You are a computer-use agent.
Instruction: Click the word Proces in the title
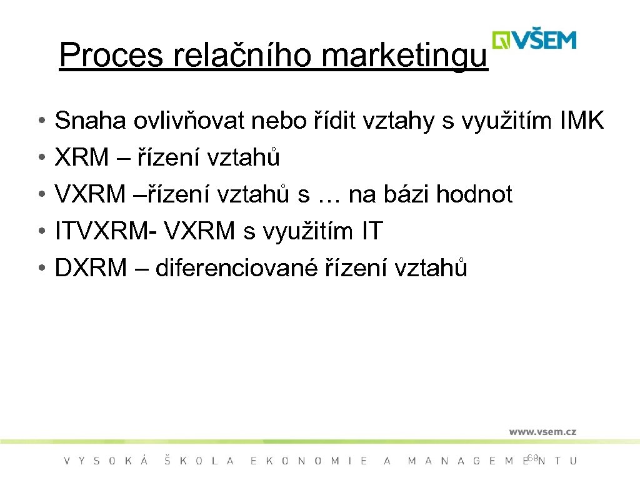(x=110, y=56)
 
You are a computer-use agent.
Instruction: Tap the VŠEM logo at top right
(x=534, y=40)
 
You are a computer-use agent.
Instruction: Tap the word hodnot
(x=474, y=195)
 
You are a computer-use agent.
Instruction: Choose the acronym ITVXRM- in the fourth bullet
(x=106, y=232)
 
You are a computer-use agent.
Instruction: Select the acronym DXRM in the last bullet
(x=90, y=269)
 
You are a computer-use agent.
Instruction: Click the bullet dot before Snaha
(x=39, y=121)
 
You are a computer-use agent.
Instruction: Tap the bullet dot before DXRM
(x=39, y=269)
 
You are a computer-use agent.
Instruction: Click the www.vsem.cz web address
(x=542, y=432)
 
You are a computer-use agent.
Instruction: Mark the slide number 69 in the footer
(x=532, y=457)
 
